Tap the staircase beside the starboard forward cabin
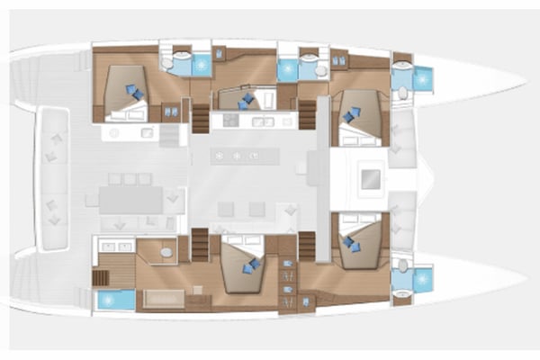pyautogui.click(x=307, y=242)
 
